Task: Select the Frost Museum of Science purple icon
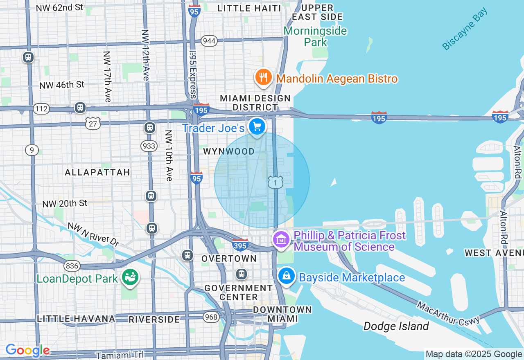281,240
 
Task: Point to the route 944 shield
209,41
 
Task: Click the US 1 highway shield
276,182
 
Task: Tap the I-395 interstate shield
240,245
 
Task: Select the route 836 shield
72,266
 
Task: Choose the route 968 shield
211,317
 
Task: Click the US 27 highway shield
93,123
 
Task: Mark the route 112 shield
42,109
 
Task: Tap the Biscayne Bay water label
465,29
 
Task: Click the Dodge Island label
396,326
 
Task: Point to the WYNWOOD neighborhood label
229,151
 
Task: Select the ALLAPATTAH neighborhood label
97,172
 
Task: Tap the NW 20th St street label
65,203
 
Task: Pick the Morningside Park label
315,36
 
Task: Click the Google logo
27,351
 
